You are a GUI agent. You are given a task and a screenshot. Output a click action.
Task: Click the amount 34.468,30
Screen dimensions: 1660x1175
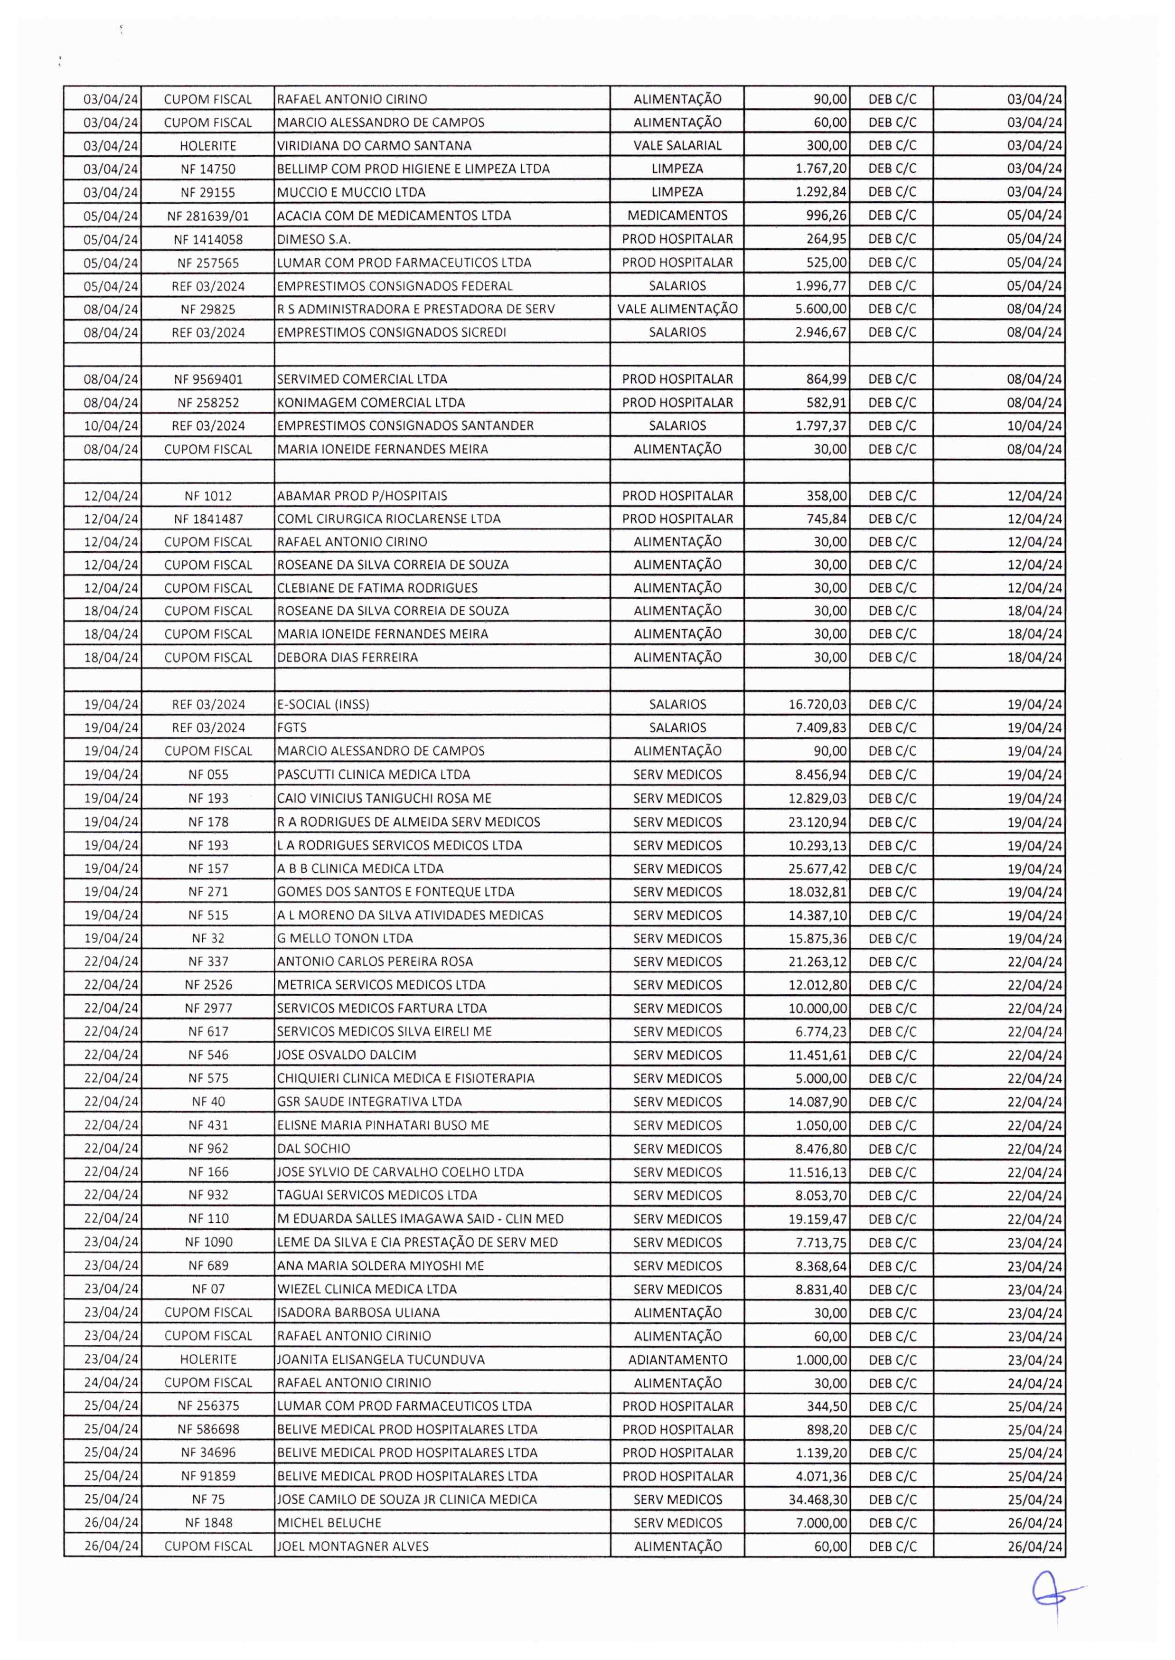(817, 1500)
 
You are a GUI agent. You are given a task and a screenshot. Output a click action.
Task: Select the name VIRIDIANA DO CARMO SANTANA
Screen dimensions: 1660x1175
(374, 145)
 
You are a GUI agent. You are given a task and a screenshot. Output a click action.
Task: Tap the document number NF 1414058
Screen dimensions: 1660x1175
(208, 239)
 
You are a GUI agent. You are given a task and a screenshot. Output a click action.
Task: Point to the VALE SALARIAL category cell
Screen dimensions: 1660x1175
(677, 145)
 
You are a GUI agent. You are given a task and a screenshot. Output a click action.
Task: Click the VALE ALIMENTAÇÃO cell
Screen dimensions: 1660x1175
(677, 309)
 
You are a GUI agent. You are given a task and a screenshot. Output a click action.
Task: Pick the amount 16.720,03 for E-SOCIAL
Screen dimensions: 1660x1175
(817, 704)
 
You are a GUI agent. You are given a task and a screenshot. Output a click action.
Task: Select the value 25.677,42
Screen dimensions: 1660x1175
(817, 868)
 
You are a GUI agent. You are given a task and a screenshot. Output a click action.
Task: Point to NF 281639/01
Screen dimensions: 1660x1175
(208, 216)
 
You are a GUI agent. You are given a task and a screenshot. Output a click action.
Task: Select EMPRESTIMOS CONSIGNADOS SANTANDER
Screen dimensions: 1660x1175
(405, 425)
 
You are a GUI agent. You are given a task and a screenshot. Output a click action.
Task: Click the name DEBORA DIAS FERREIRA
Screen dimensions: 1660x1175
(348, 658)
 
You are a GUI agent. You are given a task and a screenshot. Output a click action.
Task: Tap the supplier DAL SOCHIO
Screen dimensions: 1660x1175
(313, 1149)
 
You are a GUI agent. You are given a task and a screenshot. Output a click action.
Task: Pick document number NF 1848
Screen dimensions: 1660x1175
(208, 1522)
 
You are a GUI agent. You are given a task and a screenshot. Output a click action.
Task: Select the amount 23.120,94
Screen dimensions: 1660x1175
(817, 822)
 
